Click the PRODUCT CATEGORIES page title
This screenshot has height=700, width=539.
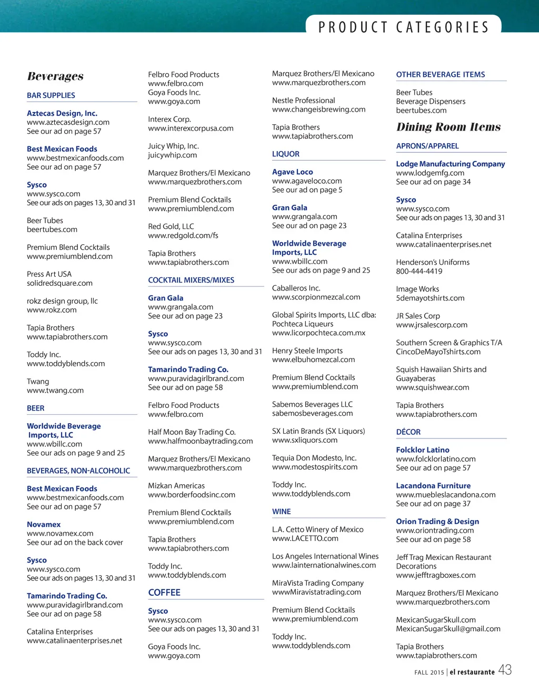(404, 27)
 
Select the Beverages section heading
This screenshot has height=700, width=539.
(55, 76)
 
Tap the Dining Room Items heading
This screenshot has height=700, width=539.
(448, 127)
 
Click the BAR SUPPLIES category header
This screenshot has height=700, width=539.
(51, 95)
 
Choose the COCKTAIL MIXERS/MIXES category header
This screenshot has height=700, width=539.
(191, 280)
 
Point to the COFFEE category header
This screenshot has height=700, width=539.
(164, 593)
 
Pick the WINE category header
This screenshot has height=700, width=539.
(282, 512)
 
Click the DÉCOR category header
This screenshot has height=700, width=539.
(408, 432)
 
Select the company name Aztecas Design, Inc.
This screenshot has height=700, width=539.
(62, 113)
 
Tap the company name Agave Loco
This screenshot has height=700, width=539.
(293, 172)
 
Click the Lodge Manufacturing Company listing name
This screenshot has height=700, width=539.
(451, 164)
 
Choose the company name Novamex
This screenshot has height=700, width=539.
(44, 524)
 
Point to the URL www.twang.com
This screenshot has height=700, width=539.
(55, 391)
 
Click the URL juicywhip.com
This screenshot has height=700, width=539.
(173, 155)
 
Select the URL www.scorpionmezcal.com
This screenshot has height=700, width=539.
(316, 297)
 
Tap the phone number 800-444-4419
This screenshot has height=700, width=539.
(419, 272)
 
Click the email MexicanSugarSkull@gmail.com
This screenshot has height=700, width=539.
(448, 629)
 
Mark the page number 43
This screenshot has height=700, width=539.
(505, 670)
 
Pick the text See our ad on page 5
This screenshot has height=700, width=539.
(307, 190)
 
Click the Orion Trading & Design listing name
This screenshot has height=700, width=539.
(437, 522)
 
